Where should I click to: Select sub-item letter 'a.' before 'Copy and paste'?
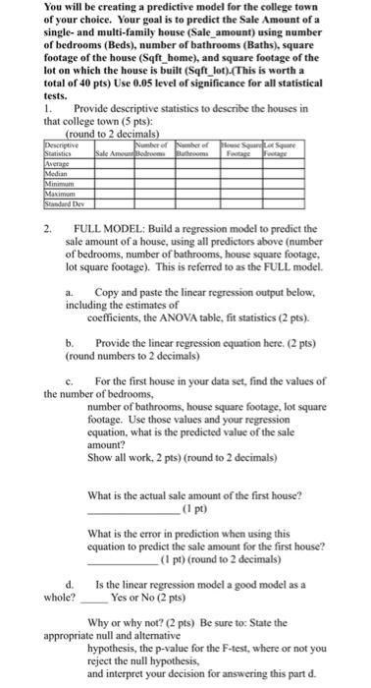point(71,293)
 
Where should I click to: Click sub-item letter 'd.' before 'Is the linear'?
point(70,584)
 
